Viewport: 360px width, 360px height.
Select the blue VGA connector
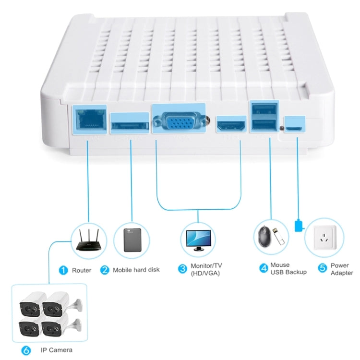[178, 121]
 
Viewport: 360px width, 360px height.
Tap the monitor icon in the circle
[198, 239]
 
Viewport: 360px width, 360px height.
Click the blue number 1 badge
[63, 270]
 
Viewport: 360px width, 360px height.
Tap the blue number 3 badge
[182, 269]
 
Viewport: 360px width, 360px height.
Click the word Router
[82, 270]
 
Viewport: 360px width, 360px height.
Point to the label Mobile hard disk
[136, 270]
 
